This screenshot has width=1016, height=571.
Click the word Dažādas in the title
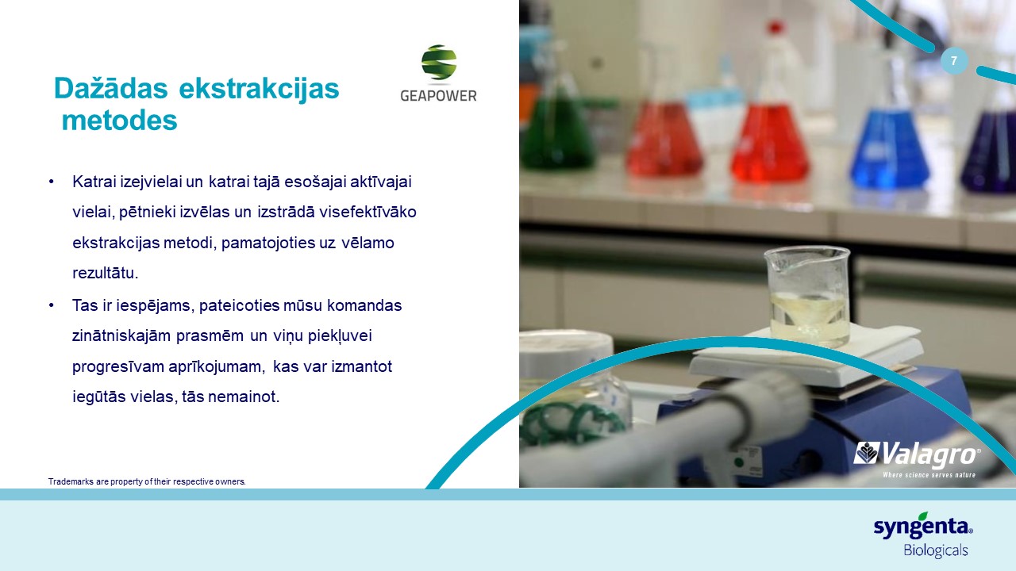coord(110,88)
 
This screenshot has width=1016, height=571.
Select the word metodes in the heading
coord(119,121)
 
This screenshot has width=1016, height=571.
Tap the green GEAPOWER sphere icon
coord(439,63)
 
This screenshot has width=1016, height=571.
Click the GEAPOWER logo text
coord(438,96)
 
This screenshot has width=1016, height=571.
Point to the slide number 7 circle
coord(954,61)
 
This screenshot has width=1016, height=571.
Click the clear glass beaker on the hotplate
coord(807,296)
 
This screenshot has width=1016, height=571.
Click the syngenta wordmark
coord(922,527)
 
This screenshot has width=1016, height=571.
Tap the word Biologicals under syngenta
coord(935,550)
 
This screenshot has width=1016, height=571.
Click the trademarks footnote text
coord(147,481)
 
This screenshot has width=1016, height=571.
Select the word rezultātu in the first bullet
coord(106,274)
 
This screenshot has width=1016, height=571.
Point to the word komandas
coord(364,305)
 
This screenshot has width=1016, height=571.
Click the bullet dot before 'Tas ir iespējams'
coord(52,305)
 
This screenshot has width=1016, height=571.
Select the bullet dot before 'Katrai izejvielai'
coord(52,182)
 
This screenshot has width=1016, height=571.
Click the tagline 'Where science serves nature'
coord(929,475)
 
